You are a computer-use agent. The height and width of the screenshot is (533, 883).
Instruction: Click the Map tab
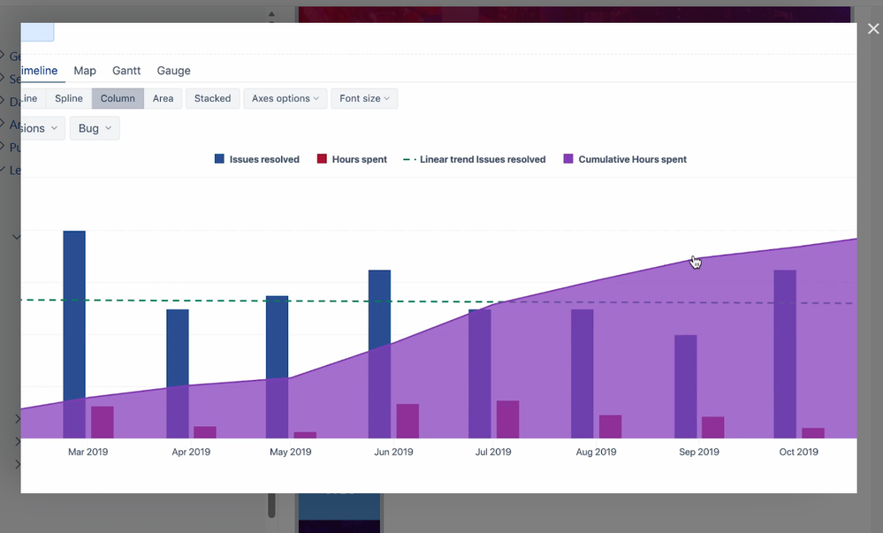(x=85, y=71)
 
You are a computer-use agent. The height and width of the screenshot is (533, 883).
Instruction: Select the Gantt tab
(x=126, y=71)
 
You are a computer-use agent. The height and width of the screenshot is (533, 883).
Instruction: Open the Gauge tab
(x=173, y=71)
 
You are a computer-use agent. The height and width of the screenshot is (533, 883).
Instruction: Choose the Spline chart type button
(x=69, y=99)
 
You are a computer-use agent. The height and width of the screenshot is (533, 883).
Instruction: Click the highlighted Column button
(x=118, y=99)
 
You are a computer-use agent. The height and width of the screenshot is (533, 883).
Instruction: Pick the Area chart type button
(x=163, y=99)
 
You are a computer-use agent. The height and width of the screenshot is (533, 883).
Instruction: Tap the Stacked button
(x=212, y=99)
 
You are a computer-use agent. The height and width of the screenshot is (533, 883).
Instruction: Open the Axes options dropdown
(x=285, y=99)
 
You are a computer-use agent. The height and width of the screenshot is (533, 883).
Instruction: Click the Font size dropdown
(x=363, y=99)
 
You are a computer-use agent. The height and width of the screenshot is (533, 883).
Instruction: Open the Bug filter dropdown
(x=94, y=128)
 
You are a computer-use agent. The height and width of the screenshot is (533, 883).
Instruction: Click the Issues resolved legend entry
(x=256, y=160)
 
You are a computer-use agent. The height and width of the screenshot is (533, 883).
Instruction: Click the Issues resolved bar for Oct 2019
(x=785, y=354)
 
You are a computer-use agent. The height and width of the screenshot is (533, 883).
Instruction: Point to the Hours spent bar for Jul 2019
(x=507, y=420)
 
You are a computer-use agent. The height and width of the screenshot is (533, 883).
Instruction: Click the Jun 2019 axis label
(x=393, y=453)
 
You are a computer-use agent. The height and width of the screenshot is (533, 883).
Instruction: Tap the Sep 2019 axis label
(x=698, y=453)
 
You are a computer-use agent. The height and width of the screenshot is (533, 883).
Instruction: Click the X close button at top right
(x=873, y=29)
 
